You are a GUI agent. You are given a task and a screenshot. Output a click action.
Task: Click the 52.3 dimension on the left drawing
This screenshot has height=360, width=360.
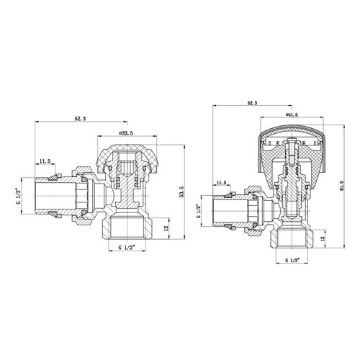(81, 118)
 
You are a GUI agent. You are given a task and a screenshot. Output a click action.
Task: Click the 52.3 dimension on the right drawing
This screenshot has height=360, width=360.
(252, 102)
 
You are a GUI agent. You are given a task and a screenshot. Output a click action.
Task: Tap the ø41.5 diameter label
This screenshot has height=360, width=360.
(292, 114)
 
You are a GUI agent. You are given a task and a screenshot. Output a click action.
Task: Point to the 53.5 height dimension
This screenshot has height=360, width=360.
(181, 192)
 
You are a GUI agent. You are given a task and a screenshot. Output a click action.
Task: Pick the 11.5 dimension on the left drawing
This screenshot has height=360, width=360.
(45, 161)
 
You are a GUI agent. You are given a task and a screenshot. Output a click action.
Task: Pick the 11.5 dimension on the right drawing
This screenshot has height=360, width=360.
(221, 182)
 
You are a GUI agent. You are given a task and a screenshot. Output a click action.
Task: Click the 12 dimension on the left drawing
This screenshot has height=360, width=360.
(166, 228)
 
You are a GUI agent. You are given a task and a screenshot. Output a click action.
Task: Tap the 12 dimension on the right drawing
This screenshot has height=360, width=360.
(323, 238)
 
